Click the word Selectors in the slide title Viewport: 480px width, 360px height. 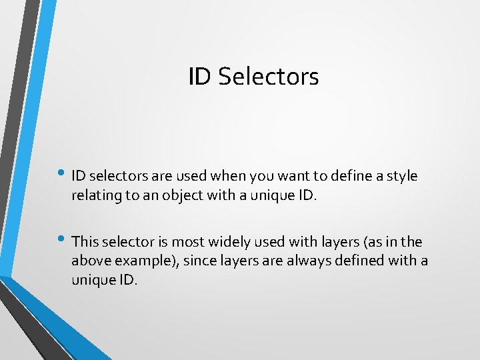click(x=268, y=77)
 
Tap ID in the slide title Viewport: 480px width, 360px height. click(x=199, y=77)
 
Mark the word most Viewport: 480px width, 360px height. click(x=187, y=241)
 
